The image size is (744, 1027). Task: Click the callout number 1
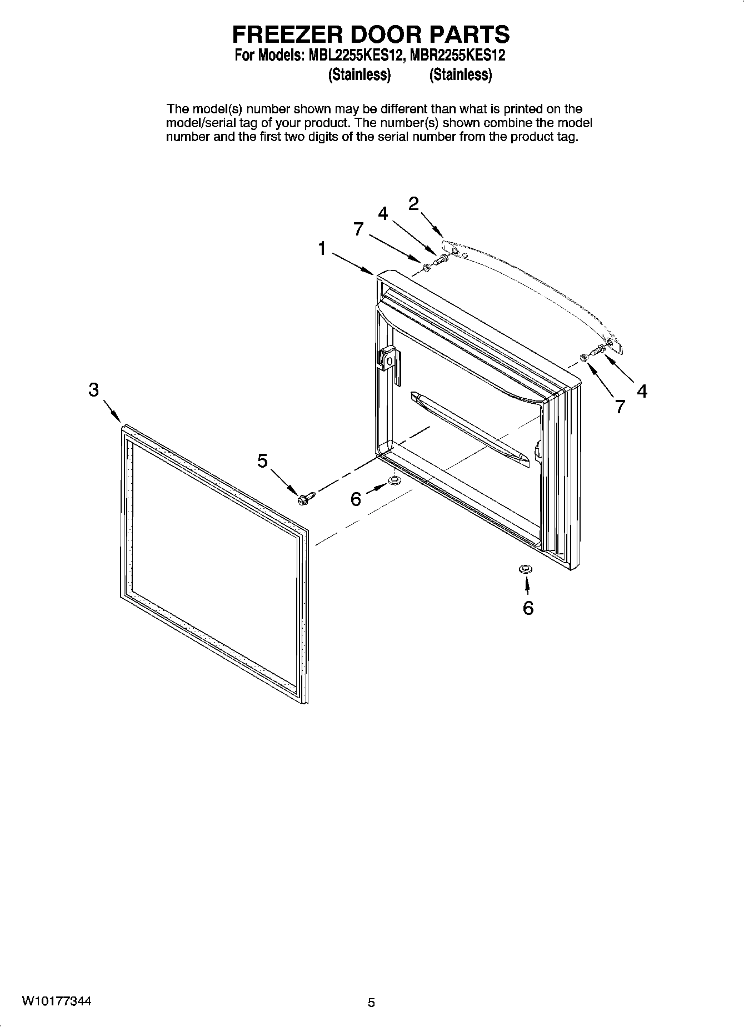322,249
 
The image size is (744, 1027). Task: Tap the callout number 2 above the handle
414,204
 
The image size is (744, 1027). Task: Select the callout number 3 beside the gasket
93,390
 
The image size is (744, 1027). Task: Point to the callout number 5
262,460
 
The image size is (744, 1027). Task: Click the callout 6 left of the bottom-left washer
356,499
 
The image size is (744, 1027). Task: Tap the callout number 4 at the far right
642,392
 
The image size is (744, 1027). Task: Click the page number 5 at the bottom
371,1003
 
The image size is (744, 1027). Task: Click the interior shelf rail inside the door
470,428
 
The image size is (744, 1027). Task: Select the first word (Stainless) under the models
359,74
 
